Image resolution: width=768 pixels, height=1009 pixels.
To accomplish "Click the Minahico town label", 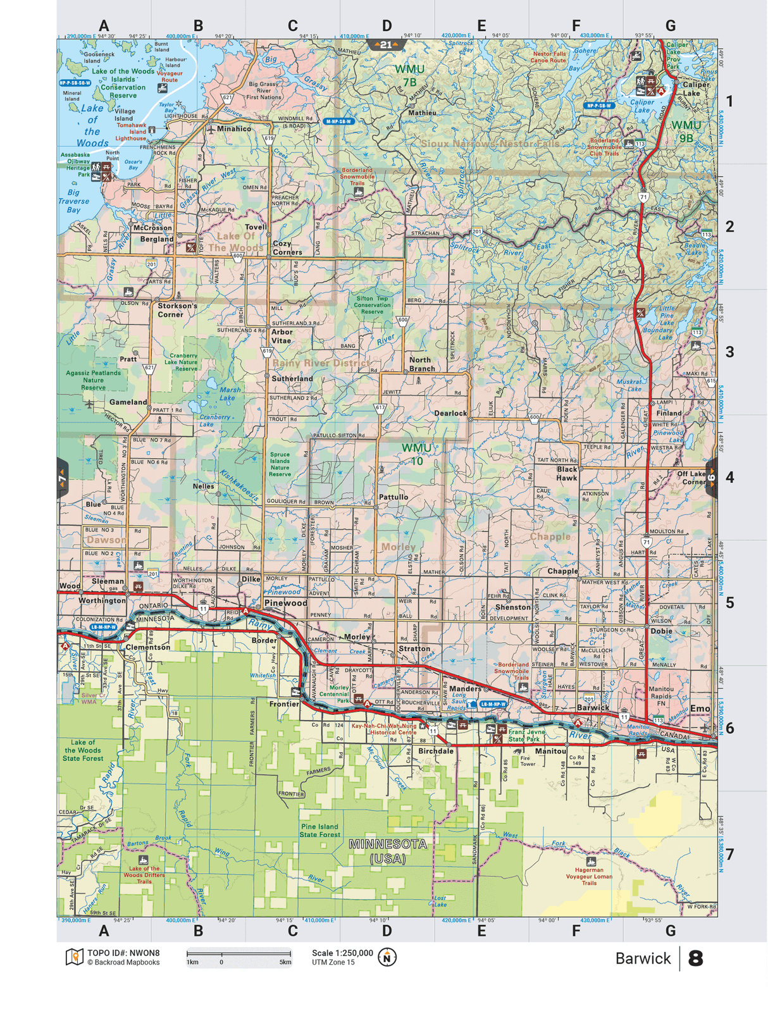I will point(234,128).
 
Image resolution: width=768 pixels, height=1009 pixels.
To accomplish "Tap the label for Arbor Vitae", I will point(282,336).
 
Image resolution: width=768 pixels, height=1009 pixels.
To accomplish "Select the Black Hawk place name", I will point(567,473).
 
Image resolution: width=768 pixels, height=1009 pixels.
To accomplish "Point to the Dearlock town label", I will point(450,413).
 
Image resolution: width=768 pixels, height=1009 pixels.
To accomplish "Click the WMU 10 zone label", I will point(416,454).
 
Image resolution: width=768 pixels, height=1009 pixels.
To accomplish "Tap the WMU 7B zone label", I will point(410,75).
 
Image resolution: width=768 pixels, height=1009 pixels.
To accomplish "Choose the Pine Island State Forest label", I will point(320,831).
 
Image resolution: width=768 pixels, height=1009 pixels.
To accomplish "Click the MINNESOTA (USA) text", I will point(388,851).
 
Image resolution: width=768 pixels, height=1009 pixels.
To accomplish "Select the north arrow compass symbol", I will point(387,957).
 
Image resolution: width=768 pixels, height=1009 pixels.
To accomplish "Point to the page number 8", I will point(695,958).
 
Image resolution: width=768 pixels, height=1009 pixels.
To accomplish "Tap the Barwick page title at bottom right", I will point(643,958).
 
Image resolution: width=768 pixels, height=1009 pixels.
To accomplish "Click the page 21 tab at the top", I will point(386,45).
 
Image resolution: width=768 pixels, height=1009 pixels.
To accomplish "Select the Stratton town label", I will point(414,648).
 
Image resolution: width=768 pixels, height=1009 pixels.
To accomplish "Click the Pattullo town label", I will point(393,497).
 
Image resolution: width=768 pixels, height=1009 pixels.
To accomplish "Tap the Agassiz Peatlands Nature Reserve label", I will point(93,380).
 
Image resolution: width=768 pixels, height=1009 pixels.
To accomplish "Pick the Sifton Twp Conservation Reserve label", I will point(372,305).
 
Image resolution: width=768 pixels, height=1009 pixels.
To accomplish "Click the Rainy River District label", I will point(321,363).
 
